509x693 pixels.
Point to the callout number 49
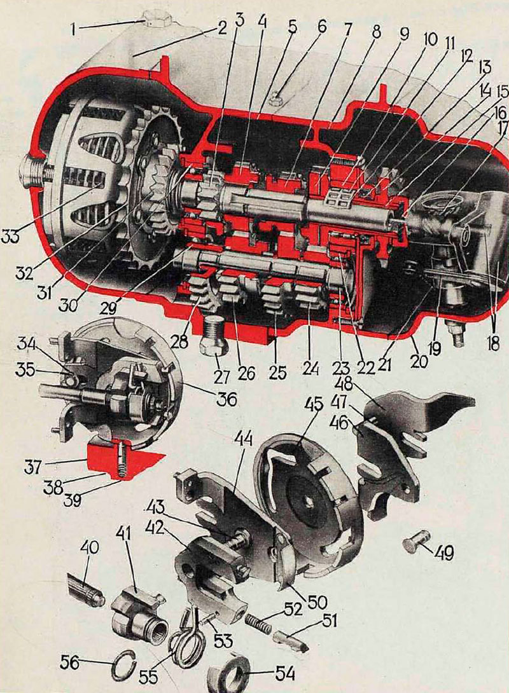pyautogui.click(x=444, y=552)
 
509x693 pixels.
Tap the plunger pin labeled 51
pyautogui.click(x=291, y=638)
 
